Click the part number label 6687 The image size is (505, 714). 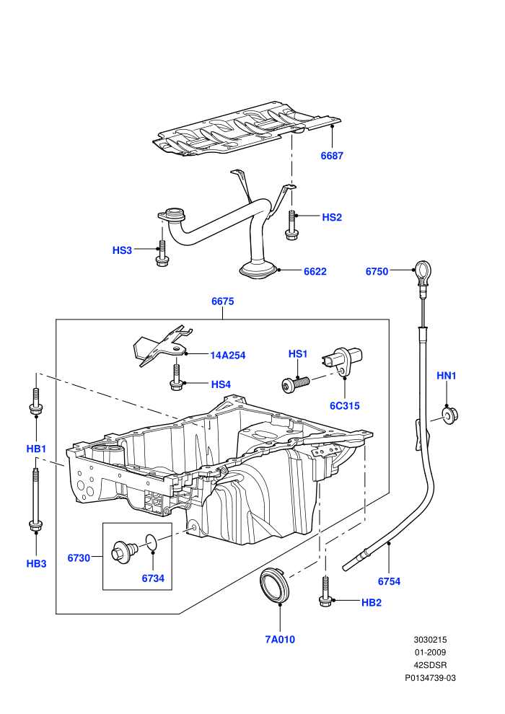coord(332,156)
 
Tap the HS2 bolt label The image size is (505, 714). coord(332,217)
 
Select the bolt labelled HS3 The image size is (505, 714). coord(162,252)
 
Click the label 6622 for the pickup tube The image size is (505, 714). coord(315,271)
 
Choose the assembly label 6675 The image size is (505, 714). coord(223,301)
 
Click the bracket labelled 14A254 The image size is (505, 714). coord(162,345)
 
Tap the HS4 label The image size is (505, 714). coord(221,384)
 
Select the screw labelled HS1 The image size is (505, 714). coord(295,384)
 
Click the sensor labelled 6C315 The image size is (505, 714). coord(343,361)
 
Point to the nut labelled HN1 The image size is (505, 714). coord(449,415)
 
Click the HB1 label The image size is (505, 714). coord(36,449)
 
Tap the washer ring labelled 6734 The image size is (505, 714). coord(152,542)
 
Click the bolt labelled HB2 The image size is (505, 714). coord(325,591)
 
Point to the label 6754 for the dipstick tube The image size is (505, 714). coord(389,581)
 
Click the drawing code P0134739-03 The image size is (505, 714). coord(430,678)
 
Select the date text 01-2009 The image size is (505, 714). coord(430,653)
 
